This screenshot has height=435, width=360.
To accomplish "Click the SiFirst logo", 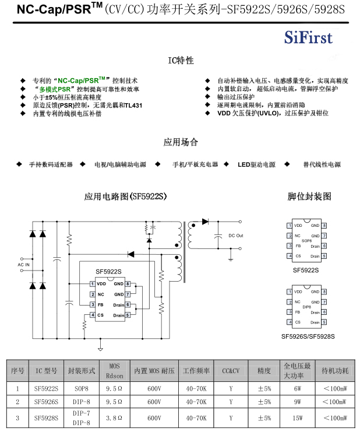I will click(308, 38).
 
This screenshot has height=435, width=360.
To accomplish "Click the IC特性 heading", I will click(181, 61).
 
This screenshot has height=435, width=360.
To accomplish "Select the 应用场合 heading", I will click(181, 142).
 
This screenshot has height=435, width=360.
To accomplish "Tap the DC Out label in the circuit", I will click(235, 236).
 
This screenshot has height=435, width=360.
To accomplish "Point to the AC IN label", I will click(23, 265).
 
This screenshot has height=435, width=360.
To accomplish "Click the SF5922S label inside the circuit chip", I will click(108, 272).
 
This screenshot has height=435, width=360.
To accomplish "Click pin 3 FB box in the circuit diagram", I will click(92, 304).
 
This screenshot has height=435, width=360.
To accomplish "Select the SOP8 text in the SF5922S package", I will click(306, 240).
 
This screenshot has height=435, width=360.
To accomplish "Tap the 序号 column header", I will click(17, 370).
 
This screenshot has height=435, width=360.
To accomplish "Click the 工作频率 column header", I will click(196, 370).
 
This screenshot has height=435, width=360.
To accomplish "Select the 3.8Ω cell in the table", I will click(114, 418).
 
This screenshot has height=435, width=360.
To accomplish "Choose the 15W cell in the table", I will click(298, 418).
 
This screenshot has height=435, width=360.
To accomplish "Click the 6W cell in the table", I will click(298, 388).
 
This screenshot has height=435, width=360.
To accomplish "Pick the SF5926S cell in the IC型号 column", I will click(46, 402).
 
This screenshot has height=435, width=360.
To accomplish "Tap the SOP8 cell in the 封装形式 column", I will click(82, 388).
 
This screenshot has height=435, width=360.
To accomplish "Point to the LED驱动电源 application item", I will click(256, 165).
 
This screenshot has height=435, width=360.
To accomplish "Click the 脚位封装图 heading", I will click(309, 196).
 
